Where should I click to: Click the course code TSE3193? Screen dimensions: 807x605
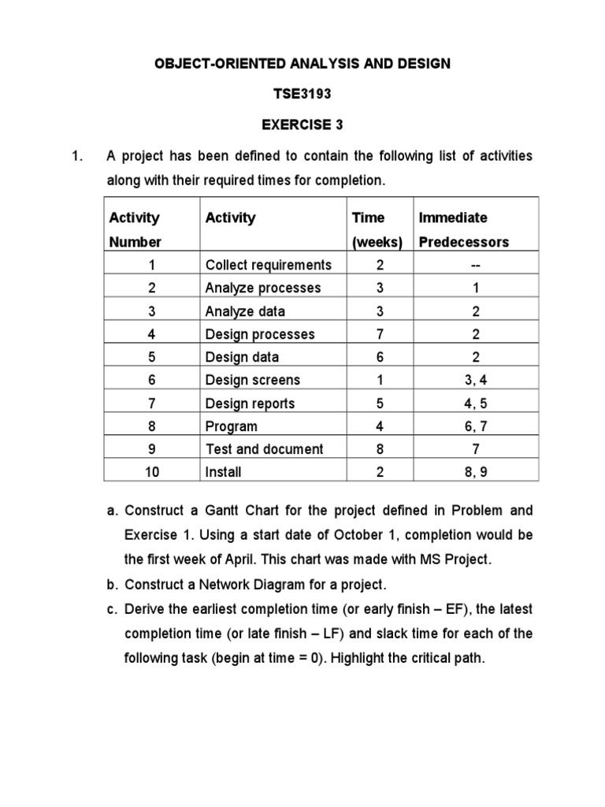coord(302,94)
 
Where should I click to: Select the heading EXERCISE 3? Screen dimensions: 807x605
coord(302,125)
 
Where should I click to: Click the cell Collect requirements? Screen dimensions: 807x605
coord(268,265)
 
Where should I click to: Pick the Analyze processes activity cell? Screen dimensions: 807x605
coord(262,288)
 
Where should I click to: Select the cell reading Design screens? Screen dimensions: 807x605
coord(252,380)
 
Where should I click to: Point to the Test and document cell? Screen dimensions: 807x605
coord(264,449)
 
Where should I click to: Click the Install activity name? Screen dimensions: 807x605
coord(223,472)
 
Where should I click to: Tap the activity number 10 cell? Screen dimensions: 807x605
coord(151,472)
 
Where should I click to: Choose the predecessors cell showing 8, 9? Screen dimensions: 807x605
coord(476,472)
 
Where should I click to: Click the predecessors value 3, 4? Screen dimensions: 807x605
coord(476,380)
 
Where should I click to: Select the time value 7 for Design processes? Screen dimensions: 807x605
coord(380,334)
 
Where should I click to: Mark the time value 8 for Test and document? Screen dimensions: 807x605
coord(380,449)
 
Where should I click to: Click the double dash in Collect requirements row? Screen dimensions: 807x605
coord(476,265)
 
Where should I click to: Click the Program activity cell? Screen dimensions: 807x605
coord(231,426)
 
